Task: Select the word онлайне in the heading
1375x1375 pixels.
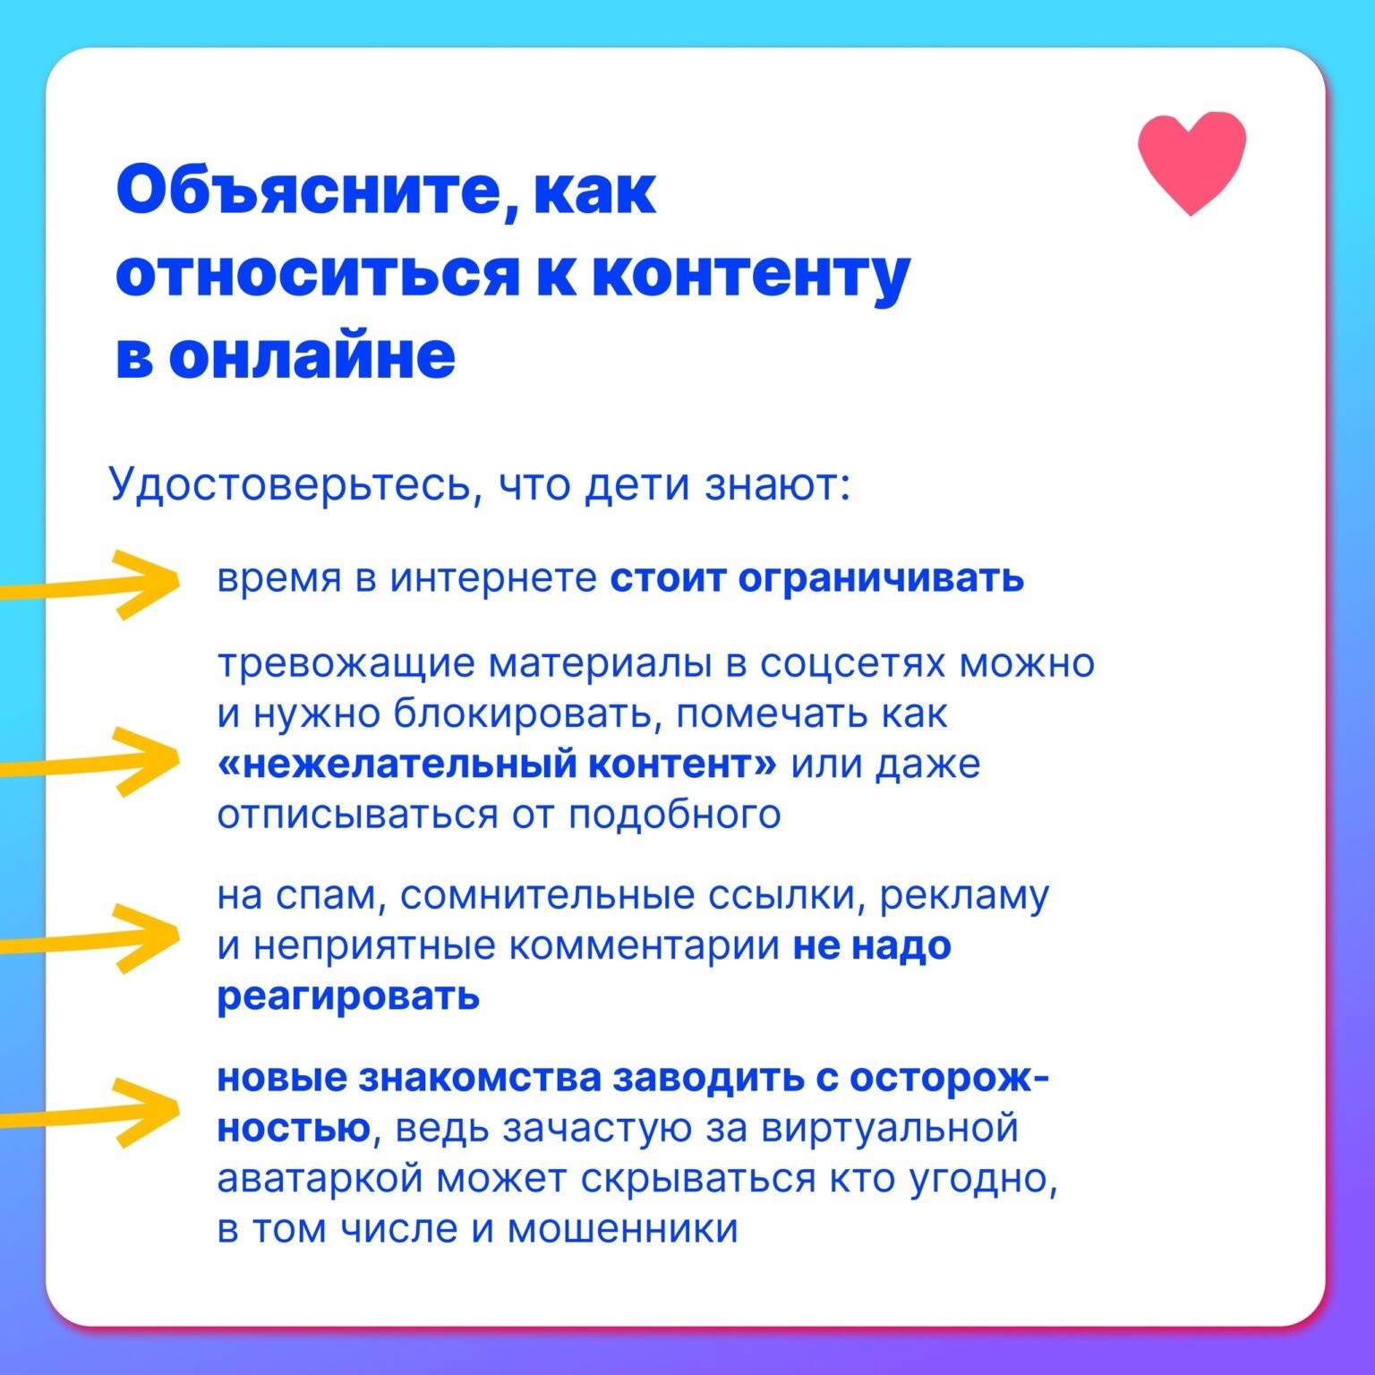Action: tap(312, 355)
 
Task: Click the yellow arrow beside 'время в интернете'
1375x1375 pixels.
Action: tap(90, 585)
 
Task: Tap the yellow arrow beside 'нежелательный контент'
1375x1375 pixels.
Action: tap(90, 762)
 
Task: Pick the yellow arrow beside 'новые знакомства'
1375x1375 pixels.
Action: tap(90, 1114)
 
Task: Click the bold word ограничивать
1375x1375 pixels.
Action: tap(881, 579)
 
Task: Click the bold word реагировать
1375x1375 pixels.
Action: tap(348, 996)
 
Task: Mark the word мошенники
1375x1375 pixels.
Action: tap(623, 1229)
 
